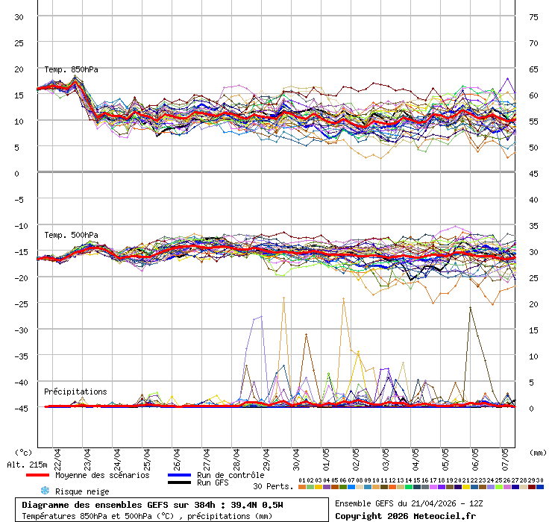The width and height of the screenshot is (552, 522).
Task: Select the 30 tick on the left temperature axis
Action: pos(19,17)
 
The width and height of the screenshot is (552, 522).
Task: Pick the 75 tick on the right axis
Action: pos(533,17)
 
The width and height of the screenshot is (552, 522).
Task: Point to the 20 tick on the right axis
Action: pos(533,304)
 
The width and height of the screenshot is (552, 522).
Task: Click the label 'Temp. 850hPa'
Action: pos(71,70)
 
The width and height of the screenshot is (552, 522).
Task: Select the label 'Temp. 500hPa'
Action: pos(71,236)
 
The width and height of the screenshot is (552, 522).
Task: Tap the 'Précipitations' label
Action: pos(75,391)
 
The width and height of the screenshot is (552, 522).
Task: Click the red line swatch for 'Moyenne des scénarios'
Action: pos(37,475)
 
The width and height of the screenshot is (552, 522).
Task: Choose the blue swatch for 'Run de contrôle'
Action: pos(180,475)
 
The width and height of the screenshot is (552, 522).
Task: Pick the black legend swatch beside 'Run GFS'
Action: pos(180,483)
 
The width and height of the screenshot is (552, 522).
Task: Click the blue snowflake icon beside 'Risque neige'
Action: pos(44,491)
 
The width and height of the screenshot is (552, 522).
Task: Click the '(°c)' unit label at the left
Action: pos(24,452)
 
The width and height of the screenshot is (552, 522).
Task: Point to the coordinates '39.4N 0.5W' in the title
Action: pos(255,505)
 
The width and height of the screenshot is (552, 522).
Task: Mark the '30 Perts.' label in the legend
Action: pos(273,486)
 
